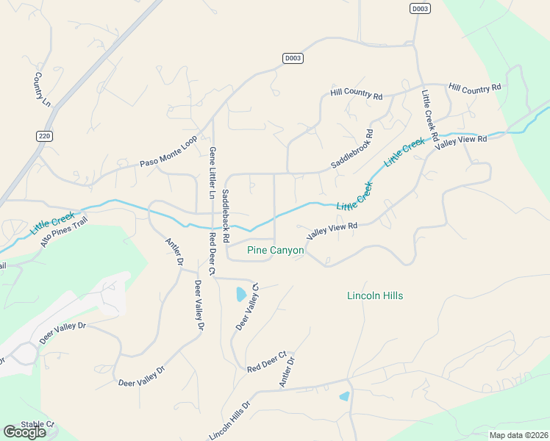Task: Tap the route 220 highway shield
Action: tap(45, 136)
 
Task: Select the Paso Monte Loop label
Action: tap(169, 153)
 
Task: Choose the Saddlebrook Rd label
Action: tap(352, 150)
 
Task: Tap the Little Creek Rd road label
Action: tap(430, 116)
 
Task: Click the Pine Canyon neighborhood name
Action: tap(276, 251)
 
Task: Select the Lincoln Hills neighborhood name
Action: tap(375, 295)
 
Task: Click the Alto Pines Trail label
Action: tap(64, 231)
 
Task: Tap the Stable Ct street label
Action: tap(38, 424)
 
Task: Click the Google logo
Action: tap(24, 432)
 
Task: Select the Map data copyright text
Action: tap(518, 435)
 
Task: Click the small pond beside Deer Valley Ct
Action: tap(240, 295)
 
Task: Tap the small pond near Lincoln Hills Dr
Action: tap(344, 397)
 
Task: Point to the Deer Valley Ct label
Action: tap(247, 306)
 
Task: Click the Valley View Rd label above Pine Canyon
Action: tap(332, 230)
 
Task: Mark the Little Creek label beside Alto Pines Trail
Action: tap(53, 223)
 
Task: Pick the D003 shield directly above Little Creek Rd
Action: tap(420, 8)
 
